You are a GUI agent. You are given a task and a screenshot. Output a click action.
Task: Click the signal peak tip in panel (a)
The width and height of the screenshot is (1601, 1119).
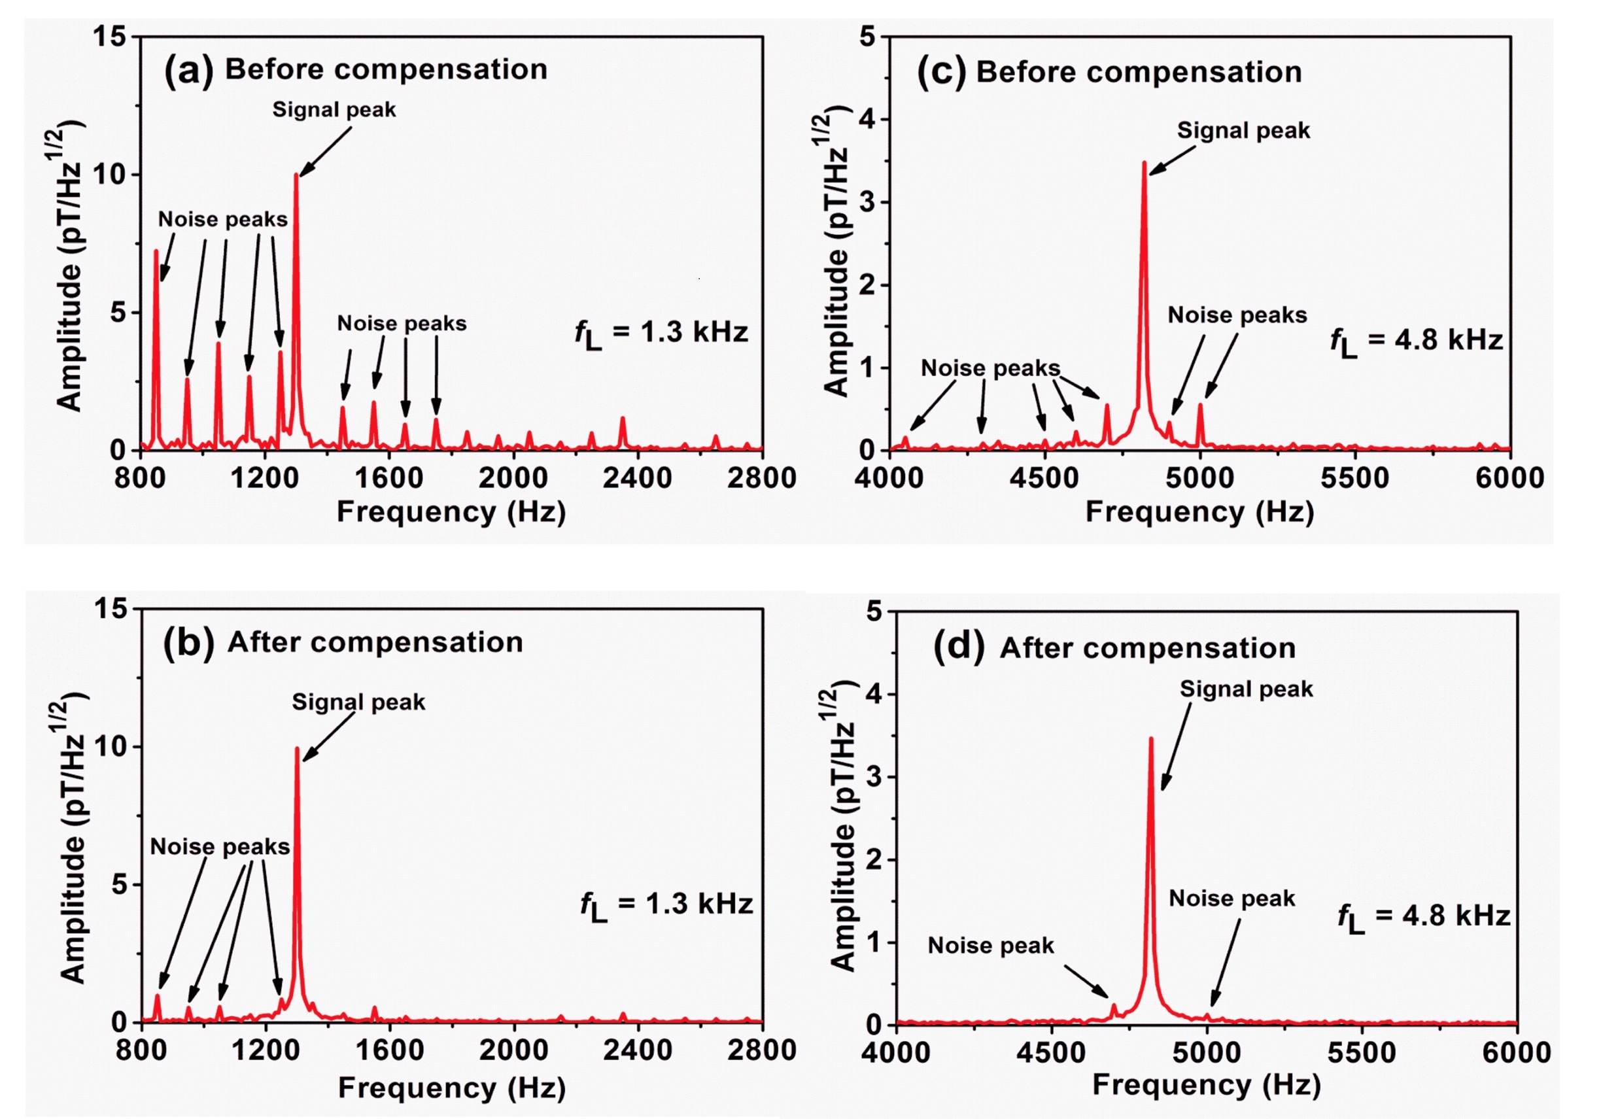pyautogui.click(x=296, y=176)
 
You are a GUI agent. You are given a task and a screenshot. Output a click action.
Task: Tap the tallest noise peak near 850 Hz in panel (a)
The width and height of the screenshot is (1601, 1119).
pyautogui.click(x=156, y=252)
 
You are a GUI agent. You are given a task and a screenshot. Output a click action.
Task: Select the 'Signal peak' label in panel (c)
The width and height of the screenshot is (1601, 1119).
pyautogui.click(x=1243, y=130)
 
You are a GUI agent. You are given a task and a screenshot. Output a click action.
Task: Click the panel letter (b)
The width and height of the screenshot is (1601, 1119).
pyautogui.click(x=188, y=642)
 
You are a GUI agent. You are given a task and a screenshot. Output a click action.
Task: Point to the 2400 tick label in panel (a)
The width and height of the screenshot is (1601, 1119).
pyautogui.click(x=638, y=478)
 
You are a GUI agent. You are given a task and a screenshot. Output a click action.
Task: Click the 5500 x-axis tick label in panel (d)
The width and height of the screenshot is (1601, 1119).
pyautogui.click(x=1361, y=1053)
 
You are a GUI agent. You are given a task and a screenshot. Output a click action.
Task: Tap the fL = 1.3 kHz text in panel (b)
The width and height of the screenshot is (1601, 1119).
pyautogui.click(x=666, y=906)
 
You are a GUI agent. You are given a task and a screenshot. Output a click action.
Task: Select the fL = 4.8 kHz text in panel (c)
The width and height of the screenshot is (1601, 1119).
pyautogui.click(x=1416, y=341)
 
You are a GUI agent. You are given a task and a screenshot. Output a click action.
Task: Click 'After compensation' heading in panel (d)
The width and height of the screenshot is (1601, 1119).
pyautogui.click(x=1148, y=648)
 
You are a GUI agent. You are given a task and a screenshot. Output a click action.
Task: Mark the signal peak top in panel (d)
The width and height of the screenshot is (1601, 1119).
pyautogui.click(x=1150, y=739)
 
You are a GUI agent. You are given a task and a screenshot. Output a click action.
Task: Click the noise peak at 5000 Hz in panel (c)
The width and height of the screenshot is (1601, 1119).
pyautogui.click(x=1200, y=405)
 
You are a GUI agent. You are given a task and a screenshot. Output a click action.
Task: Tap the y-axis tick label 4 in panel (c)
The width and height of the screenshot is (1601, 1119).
pyautogui.click(x=867, y=120)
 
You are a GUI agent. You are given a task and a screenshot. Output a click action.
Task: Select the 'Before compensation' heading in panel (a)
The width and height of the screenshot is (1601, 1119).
pyautogui.click(x=386, y=70)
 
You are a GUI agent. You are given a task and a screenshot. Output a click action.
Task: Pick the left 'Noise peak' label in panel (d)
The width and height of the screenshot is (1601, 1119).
pyautogui.click(x=990, y=946)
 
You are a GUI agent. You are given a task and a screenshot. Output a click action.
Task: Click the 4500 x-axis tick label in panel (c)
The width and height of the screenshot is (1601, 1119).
pyautogui.click(x=1044, y=478)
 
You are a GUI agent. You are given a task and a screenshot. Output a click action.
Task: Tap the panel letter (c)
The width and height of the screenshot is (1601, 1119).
pyautogui.click(x=941, y=71)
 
